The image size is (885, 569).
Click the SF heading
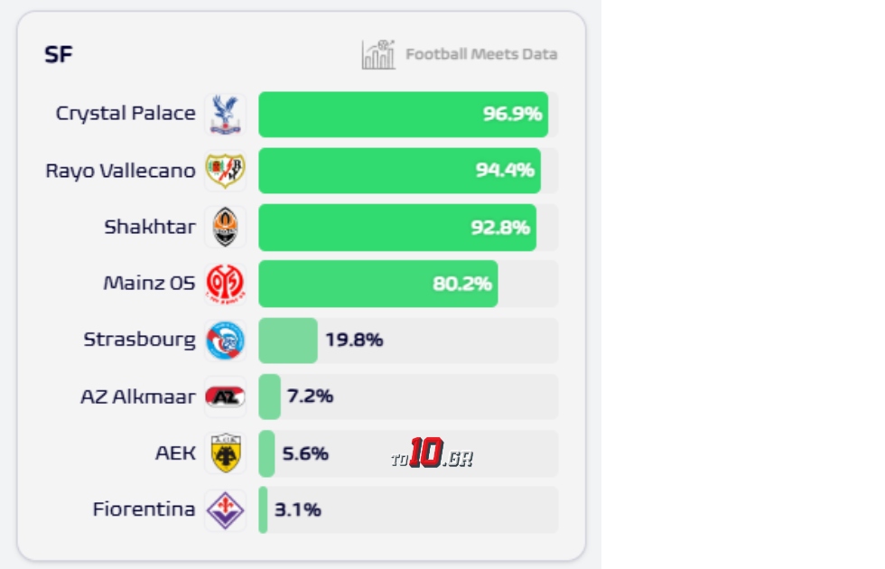(x=59, y=55)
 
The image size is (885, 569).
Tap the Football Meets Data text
(x=480, y=54)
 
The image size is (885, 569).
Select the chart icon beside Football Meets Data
(x=378, y=55)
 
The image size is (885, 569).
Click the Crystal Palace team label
(x=126, y=114)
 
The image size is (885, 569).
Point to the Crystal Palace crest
(x=224, y=115)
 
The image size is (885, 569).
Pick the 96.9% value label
(x=512, y=115)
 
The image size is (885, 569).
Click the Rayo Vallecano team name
(x=120, y=171)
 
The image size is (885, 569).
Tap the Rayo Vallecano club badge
(x=224, y=171)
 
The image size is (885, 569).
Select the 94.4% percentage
(x=505, y=171)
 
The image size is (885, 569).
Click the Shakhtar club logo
(x=224, y=228)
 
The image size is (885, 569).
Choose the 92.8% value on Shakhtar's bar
(x=499, y=228)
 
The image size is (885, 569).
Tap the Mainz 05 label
(x=149, y=284)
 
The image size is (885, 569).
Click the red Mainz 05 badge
(x=224, y=284)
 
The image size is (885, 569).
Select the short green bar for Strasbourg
(x=287, y=340)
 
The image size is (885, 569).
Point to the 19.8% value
(x=354, y=340)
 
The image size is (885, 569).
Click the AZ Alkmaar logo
(x=224, y=396)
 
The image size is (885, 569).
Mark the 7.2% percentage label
(x=310, y=396)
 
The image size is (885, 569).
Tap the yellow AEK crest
(x=224, y=453)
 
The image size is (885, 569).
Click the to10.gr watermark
(x=432, y=454)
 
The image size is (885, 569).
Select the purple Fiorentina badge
(x=224, y=510)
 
